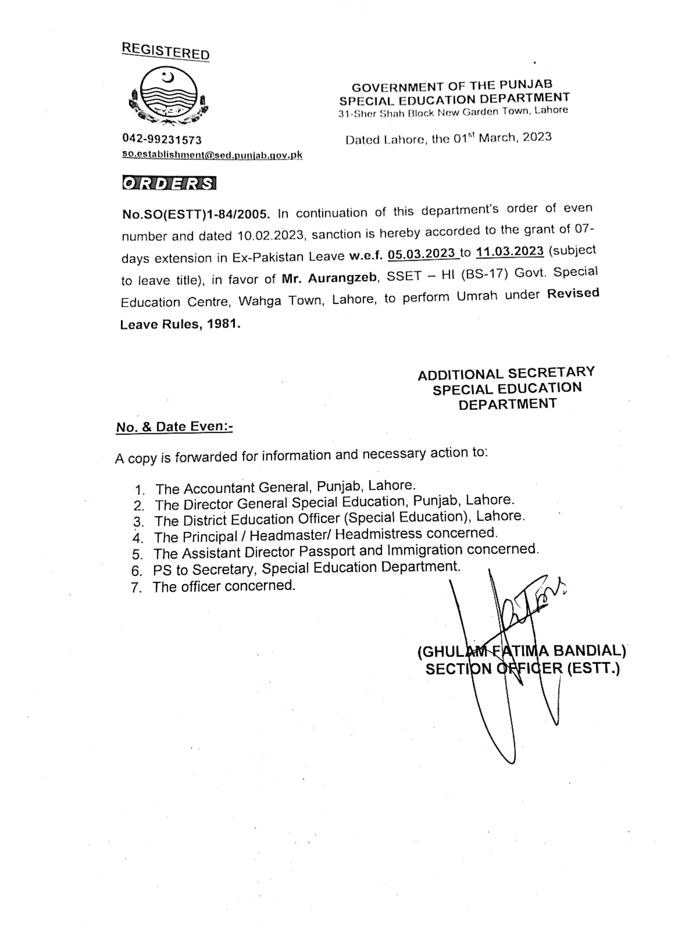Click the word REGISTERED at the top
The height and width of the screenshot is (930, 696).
tap(165, 51)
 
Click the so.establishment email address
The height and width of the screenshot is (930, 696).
tap(212, 155)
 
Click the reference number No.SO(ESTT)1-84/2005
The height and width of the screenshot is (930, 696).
tap(196, 214)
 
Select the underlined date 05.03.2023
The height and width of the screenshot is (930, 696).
tap(422, 254)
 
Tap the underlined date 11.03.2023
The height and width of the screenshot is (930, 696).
tap(510, 252)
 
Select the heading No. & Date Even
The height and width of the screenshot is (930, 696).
tap(174, 427)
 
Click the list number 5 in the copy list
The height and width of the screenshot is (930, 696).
tap(137, 555)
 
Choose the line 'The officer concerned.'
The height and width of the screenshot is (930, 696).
tap(224, 586)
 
